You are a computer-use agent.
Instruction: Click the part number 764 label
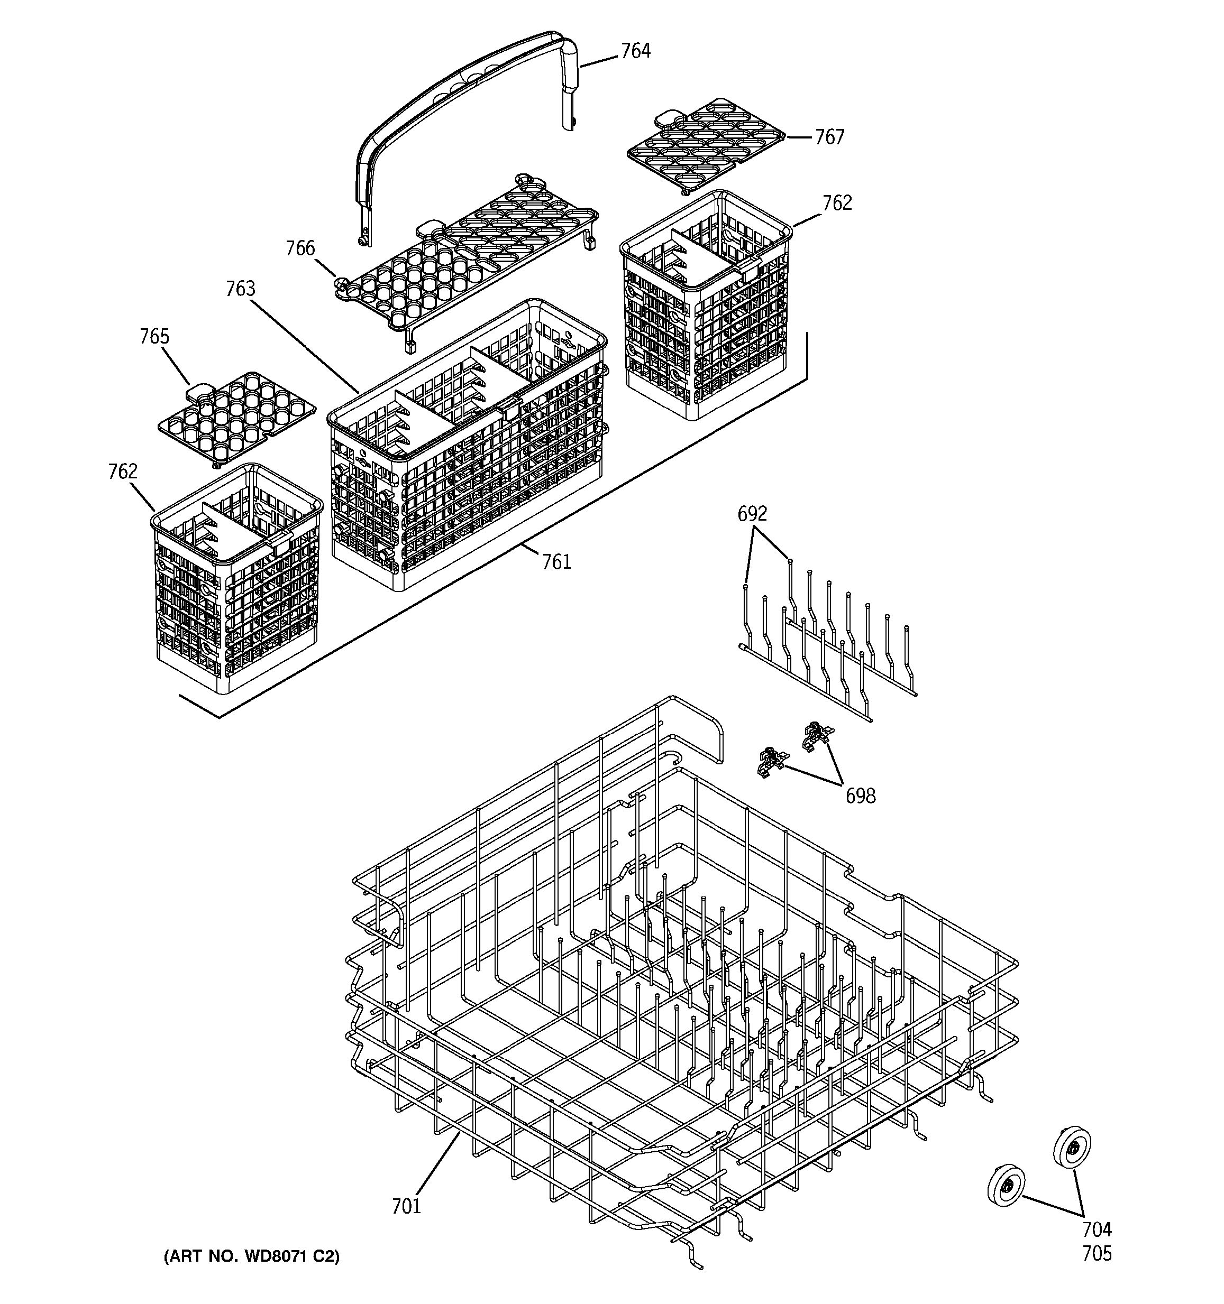tap(635, 51)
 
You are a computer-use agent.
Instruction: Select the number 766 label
tap(300, 248)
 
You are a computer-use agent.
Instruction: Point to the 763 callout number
tap(240, 289)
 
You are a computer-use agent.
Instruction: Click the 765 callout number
tap(154, 337)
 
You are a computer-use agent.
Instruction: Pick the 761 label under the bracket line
tap(556, 561)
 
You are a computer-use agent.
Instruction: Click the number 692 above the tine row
tap(752, 514)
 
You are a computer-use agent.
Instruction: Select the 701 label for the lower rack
tap(406, 1206)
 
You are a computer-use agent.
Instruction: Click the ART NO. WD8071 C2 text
tap(251, 1256)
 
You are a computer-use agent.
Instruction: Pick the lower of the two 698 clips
tap(772, 762)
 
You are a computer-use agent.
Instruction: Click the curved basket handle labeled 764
tap(460, 98)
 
